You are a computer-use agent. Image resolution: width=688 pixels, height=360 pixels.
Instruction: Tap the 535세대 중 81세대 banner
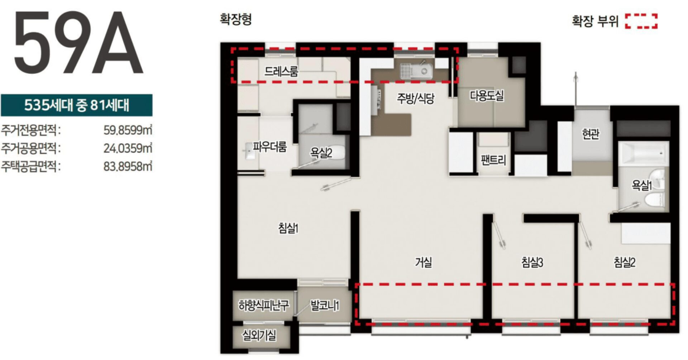click(x=76, y=105)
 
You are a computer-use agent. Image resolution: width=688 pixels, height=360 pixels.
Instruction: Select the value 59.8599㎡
click(x=128, y=130)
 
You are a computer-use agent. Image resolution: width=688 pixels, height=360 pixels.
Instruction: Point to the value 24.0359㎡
click(x=128, y=148)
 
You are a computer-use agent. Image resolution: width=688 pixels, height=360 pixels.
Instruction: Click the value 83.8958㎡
click(x=128, y=166)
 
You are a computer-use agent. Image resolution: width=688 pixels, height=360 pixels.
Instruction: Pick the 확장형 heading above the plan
click(x=236, y=19)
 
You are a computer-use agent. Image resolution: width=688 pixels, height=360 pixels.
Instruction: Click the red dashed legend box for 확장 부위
click(x=641, y=21)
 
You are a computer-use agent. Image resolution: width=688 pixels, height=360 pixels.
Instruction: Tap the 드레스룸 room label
click(x=281, y=71)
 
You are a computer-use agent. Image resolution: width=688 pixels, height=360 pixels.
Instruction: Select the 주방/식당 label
click(x=415, y=98)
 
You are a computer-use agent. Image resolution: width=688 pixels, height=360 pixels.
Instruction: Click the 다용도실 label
click(x=487, y=95)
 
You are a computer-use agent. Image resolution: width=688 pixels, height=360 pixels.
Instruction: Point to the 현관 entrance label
click(x=591, y=134)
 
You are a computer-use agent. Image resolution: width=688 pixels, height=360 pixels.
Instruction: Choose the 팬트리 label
click(x=493, y=160)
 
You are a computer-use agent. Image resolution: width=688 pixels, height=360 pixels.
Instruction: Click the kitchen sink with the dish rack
click(x=416, y=70)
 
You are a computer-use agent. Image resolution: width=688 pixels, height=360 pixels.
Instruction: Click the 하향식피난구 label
click(x=264, y=305)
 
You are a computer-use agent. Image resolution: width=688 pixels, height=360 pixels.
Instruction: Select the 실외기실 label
click(x=259, y=336)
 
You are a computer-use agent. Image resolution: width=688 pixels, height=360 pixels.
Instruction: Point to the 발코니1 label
click(x=325, y=305)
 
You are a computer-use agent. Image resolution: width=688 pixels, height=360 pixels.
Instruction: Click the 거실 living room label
click(x=423, y=262)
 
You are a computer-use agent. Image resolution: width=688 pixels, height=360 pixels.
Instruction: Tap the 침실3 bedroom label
click(x=532, y=262)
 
